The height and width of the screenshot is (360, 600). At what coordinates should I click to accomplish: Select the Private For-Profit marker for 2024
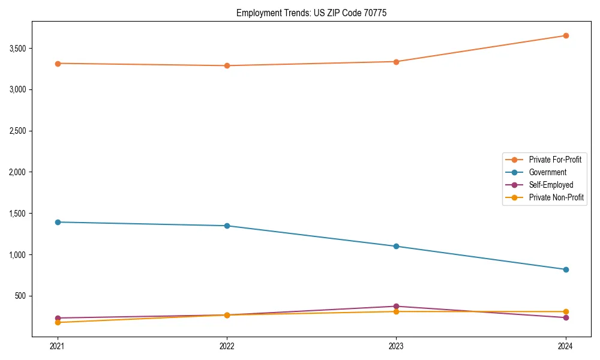565,35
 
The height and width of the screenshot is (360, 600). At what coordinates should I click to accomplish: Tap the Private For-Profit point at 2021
58,64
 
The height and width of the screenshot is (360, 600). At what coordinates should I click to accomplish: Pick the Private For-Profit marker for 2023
396,62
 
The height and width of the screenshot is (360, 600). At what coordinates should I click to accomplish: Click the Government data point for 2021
58,222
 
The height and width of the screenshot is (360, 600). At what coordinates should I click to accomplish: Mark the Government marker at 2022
227,226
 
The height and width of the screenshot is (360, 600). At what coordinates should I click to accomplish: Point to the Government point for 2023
396,246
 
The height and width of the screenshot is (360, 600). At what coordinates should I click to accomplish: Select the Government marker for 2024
565,269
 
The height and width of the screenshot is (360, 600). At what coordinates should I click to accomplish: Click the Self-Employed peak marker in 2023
396,307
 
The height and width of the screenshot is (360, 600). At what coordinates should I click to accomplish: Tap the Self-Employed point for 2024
565,317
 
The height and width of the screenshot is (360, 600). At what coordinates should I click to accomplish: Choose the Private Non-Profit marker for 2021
58,322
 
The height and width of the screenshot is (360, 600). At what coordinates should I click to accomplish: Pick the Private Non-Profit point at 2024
565,312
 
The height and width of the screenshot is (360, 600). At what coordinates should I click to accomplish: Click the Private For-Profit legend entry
555,160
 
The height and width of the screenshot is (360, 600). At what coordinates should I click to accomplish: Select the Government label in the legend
547,172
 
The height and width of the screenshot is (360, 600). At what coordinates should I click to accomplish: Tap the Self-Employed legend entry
551,185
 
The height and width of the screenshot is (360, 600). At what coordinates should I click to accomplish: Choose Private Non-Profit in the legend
556,197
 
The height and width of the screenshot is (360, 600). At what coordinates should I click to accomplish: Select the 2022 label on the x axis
227,346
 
